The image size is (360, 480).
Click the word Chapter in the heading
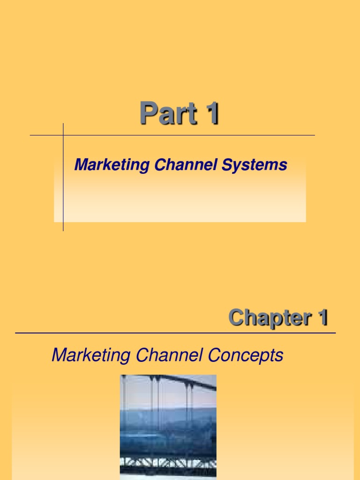coord(266,318)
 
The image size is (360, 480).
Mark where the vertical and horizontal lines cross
coord(63,135)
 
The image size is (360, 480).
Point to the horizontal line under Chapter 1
coord(175,333)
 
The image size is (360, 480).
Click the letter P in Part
coord(148,114)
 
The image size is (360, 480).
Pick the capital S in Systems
coord(231,165)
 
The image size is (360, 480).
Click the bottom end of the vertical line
coord(63,230)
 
